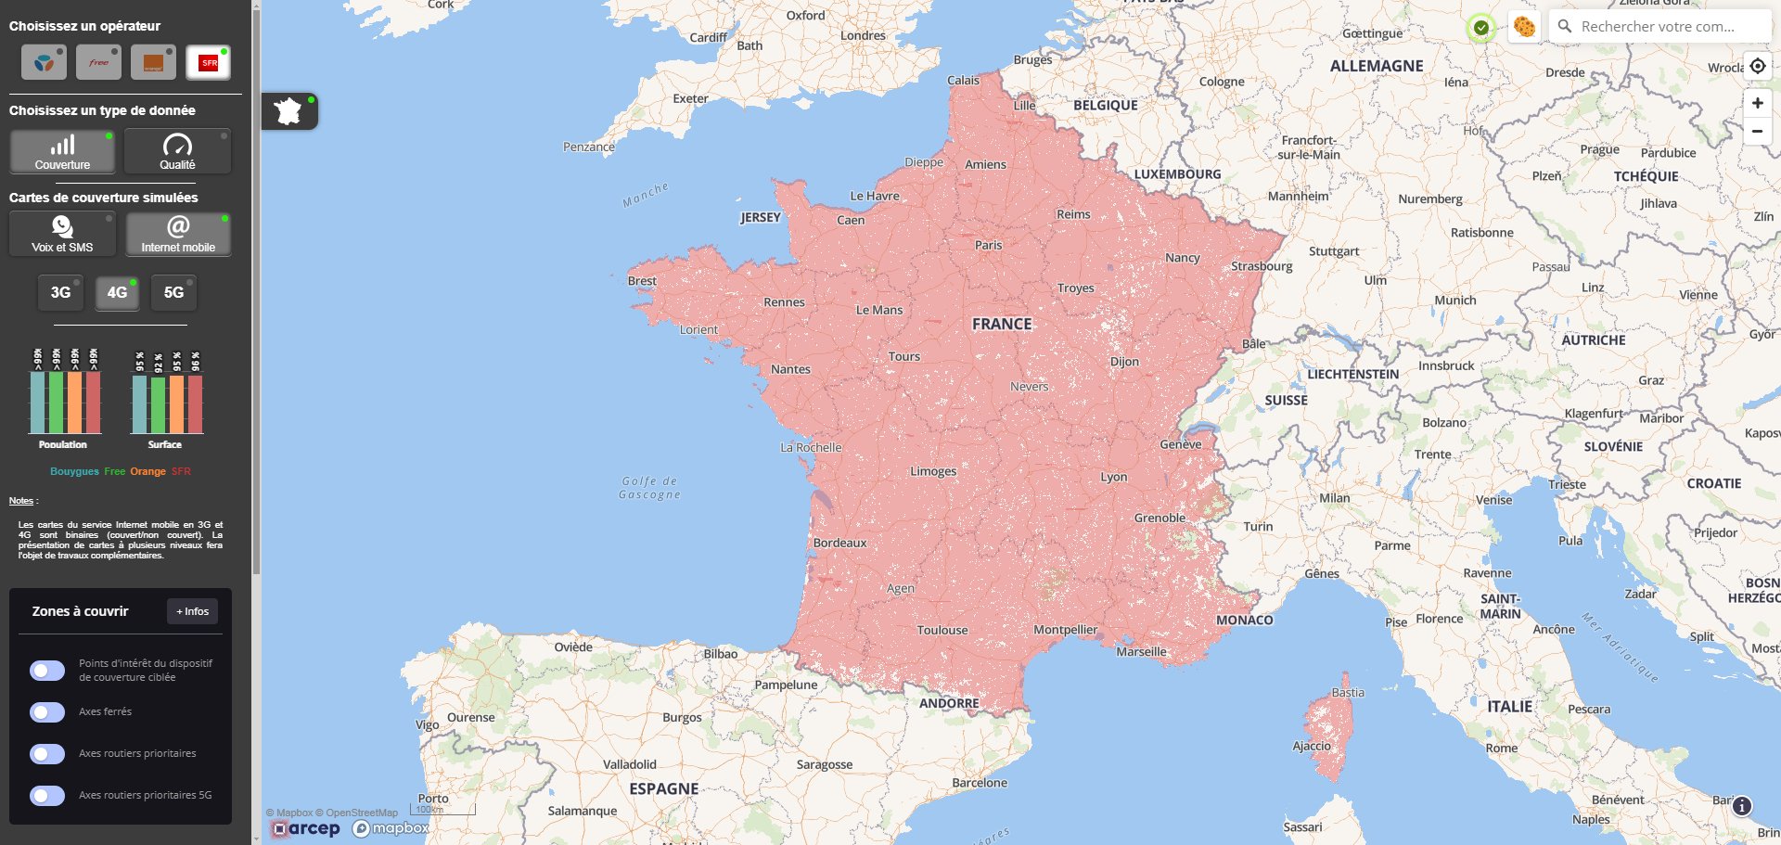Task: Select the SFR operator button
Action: [208, 62]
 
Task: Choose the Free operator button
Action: [98, 62]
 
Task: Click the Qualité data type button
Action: [177, 151]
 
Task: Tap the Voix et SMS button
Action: [62, 234]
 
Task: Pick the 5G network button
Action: [173, 292]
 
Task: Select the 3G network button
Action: [60, 292]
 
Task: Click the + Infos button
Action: [193, 611]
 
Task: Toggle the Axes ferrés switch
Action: [47, 712]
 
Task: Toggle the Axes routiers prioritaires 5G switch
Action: [47, 796]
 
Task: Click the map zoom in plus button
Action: [1757, 103]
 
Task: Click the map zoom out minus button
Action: [1757, 132]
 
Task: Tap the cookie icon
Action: [1524, 27]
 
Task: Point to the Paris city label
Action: [988, 245]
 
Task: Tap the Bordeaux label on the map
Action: [839, 543]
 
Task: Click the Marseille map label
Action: [1141, 652]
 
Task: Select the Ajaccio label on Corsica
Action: [1312, 746]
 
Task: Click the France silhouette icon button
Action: [289, 111]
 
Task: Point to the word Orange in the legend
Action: [147, 471]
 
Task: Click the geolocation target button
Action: [1757, 66]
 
